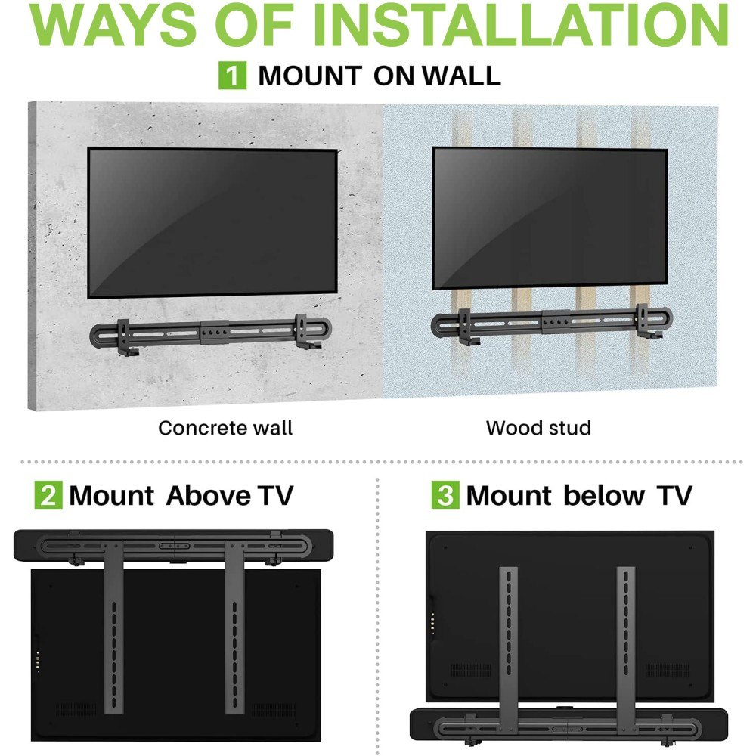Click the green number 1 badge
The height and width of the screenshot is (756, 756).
(x=232, y=75)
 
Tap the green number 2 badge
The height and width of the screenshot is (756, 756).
(x=48, y=494)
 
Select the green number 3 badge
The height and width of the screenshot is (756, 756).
(x=445, y=494)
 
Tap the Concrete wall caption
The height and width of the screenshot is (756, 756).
(x=225, y=428)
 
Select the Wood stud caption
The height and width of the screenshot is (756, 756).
(x=538, y=428)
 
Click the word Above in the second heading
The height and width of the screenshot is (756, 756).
(x=209, y=495)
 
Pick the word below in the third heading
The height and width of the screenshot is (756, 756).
(x=603, y=495)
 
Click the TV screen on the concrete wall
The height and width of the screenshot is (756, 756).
(x=212, y=223)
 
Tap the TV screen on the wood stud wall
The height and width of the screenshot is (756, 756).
(x=550, y=218)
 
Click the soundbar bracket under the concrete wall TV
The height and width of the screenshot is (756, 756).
(x=211, y=333)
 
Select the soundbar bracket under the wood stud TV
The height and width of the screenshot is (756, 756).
(x=552, y=322)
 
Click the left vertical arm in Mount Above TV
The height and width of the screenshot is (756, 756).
(x=113, y=627)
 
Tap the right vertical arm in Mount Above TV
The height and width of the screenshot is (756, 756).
(x=235, y=627)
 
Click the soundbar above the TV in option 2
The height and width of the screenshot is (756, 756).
(x=174, y=545)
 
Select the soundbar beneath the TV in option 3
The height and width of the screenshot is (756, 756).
(x=569, y=724)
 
